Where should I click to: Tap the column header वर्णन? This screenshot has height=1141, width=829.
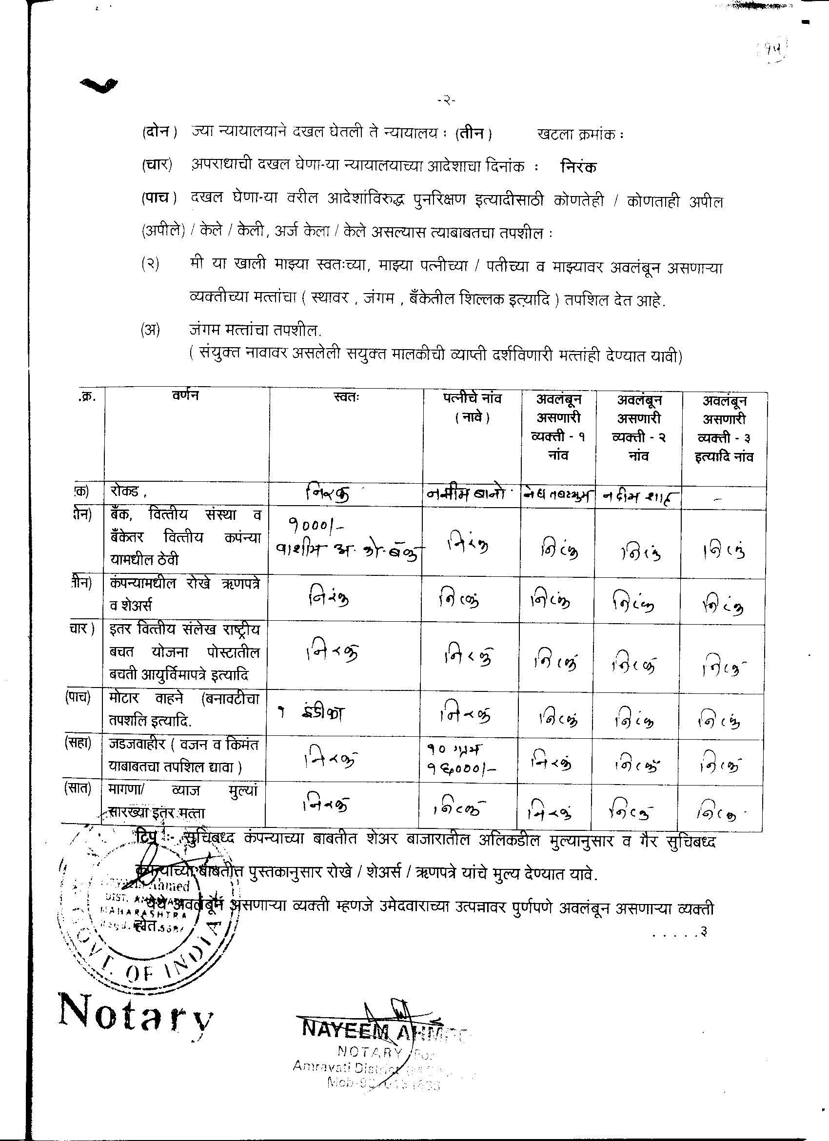click(185, 395)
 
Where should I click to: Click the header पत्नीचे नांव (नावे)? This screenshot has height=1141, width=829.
click(472, 408)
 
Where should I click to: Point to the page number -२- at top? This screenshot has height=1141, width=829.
click(446, 101)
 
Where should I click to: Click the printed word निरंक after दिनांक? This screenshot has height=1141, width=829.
click(578, 167)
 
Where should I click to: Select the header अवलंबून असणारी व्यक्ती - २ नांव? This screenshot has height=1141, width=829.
click(639, 428)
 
